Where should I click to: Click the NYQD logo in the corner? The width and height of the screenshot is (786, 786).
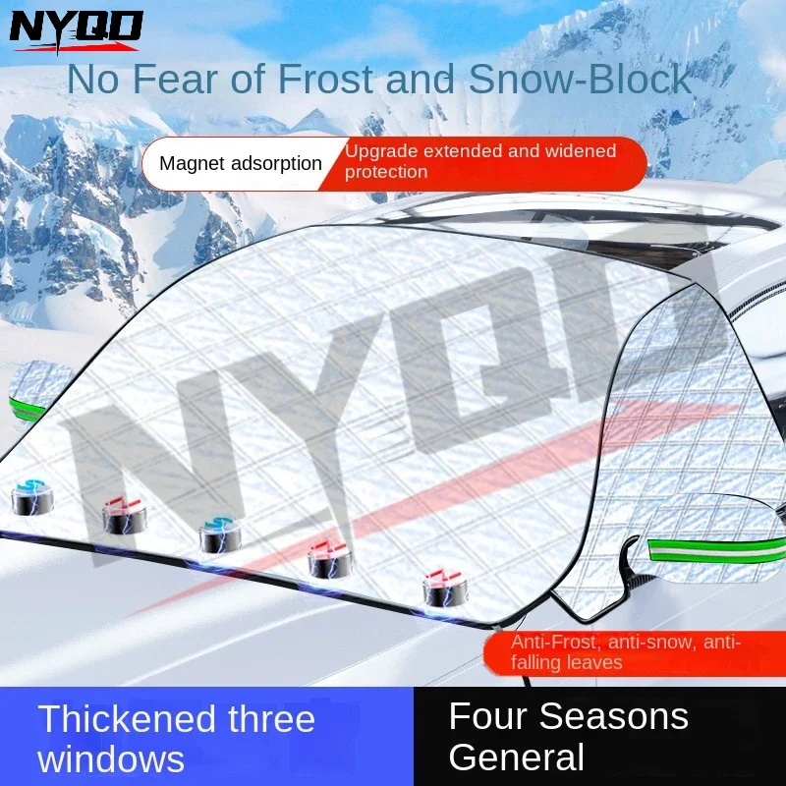76,31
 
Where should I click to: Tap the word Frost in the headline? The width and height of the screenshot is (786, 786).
327,79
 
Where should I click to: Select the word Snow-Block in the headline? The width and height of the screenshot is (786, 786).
581,79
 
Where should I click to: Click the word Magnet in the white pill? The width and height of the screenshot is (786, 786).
191,163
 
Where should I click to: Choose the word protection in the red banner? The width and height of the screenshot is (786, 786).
386,172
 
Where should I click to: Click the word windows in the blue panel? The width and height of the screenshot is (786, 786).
111,758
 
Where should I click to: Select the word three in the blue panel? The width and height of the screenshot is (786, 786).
272,719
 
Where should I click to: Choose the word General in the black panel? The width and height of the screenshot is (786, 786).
517,756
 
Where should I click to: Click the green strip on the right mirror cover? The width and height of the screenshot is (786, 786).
717,550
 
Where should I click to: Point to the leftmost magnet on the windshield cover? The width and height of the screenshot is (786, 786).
32,498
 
